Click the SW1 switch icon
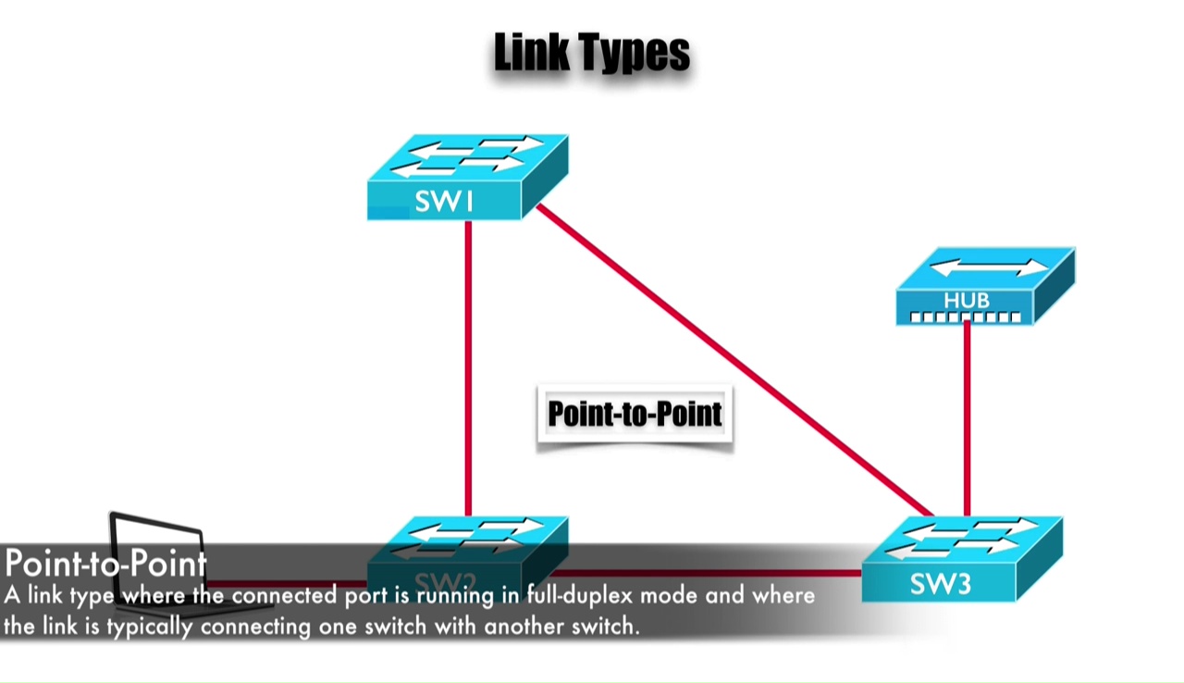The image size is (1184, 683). pos(467,177)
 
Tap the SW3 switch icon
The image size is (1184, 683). pos(962,559)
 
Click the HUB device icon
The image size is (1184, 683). pos(984,286)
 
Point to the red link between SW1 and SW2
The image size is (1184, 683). pos(468,370)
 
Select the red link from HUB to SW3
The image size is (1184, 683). pos(967,416)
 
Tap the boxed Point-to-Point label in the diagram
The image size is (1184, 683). pos(635,415)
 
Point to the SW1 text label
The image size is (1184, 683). pos(444,202)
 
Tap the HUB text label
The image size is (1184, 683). pos(967,301)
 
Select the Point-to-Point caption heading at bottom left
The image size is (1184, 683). pos(105,563)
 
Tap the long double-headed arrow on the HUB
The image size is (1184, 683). pos(988,268)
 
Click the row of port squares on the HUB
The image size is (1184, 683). pos(966,317)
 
